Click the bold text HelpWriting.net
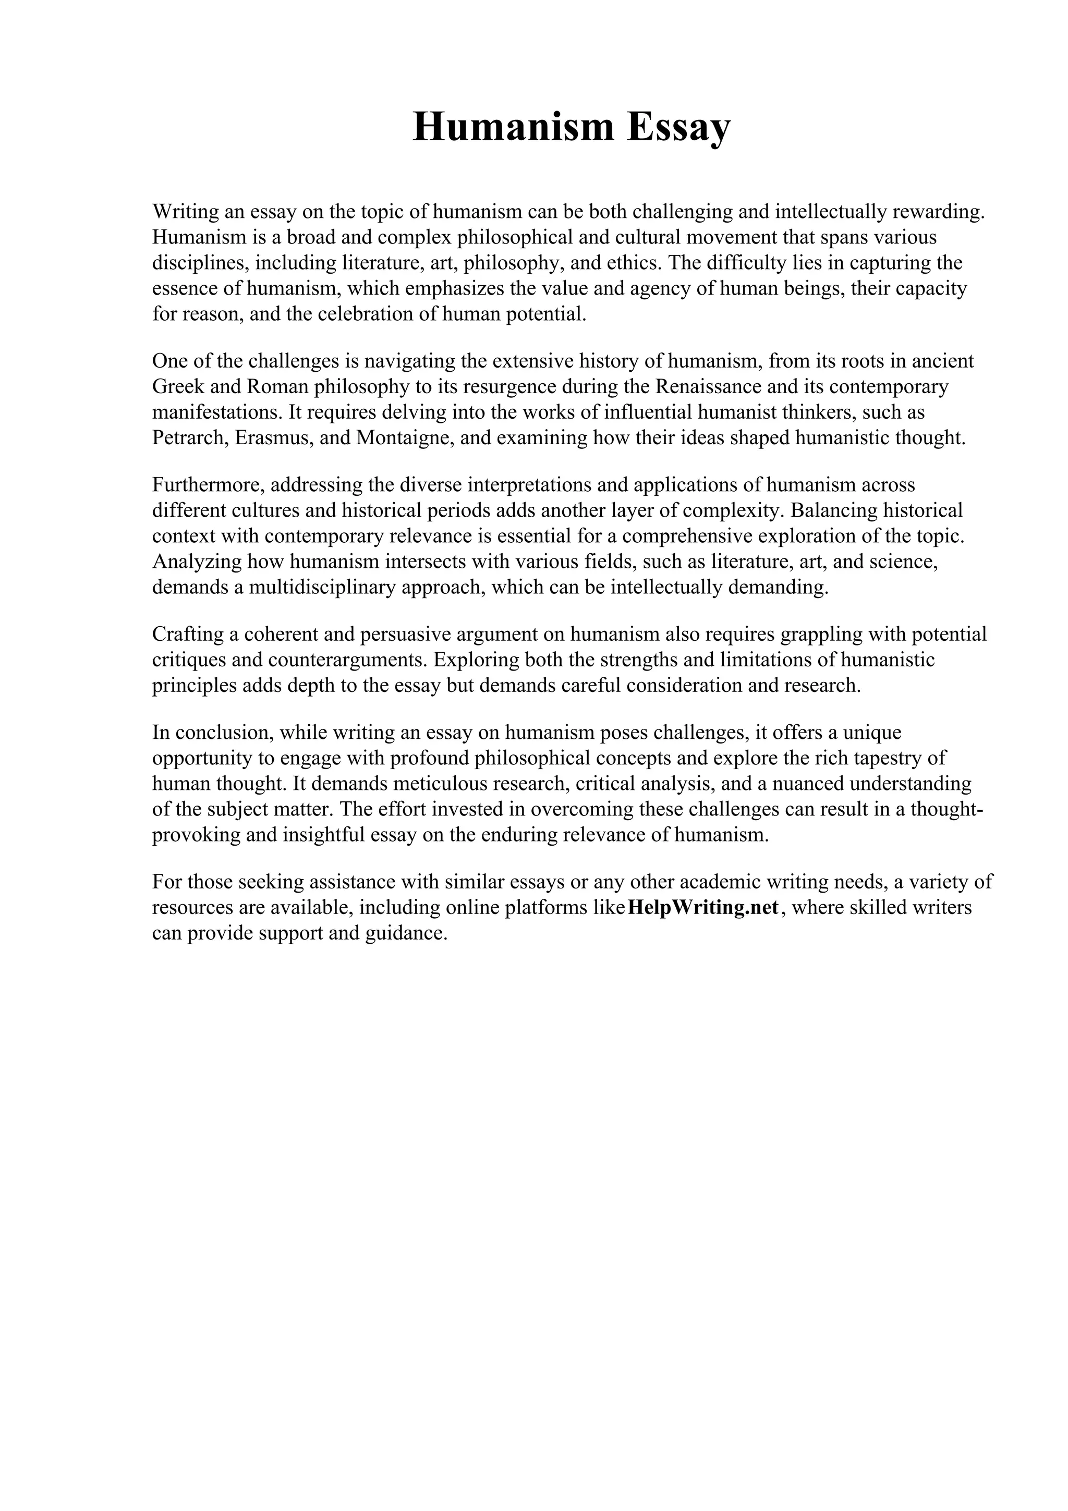(x=704, y=908)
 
